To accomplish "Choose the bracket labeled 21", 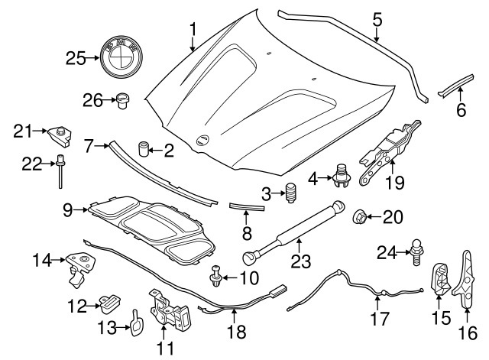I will (59, 136).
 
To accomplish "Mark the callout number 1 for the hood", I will (193, 30).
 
